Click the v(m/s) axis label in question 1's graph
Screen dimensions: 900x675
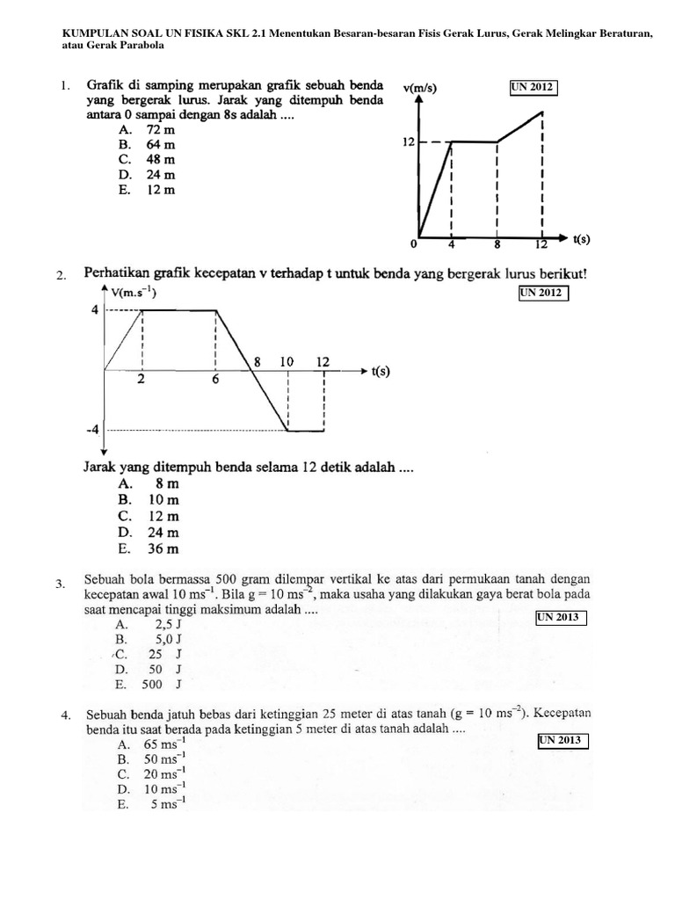point(420,87)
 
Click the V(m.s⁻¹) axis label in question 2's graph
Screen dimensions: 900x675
point(134,293)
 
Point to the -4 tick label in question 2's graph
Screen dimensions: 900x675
point(93,430)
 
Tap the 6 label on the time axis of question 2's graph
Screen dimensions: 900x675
point(215,380)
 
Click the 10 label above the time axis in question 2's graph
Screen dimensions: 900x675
point(287,361)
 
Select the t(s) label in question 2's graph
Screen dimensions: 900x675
point(380,371)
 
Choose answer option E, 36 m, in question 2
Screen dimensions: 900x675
point(149,548)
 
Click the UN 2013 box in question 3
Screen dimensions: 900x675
point(561,618)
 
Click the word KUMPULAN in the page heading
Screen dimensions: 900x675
point(96,33)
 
